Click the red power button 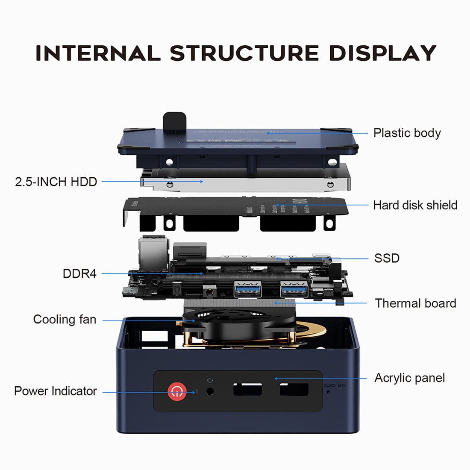[177, 391]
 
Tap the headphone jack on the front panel [209, 391]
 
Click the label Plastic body [407, 133]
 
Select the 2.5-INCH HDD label [56, 182]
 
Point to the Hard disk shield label [415, 205]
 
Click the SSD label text [387, 258]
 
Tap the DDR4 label [79, 273]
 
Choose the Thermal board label [415, 303]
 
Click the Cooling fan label [65, 320]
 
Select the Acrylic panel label [409, 378]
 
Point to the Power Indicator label [55, 391]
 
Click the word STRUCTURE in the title [244, 53]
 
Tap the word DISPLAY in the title [382, 53]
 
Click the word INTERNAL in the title [98, 53]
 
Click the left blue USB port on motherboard [247, 291]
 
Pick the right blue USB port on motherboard [294, 291]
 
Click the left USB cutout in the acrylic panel [247, 389]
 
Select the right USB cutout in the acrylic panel [294, 389]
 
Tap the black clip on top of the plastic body [174, 120]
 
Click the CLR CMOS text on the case [335, 385]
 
